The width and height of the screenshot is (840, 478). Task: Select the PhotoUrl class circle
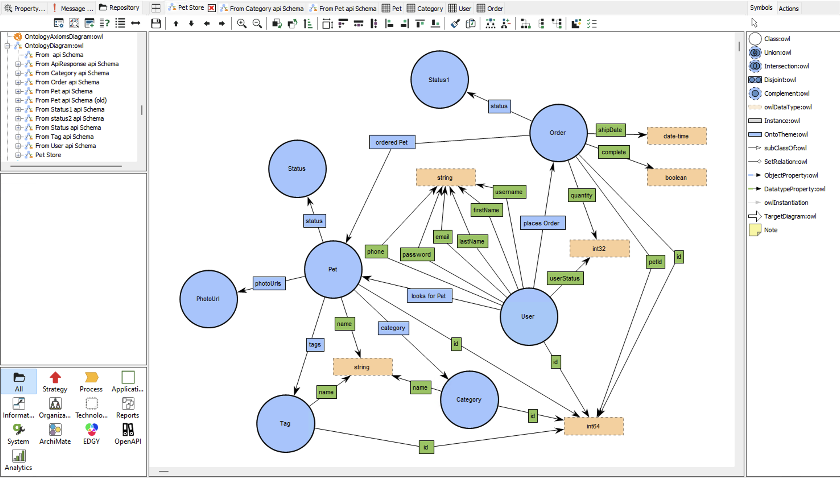(209, 299)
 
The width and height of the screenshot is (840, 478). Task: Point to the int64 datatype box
(594, 426)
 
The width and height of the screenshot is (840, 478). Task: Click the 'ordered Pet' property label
(392, 142)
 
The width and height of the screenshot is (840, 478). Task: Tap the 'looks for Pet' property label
(429, 296)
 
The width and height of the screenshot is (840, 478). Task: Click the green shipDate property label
(610, 130)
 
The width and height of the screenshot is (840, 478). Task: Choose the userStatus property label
(565, 278)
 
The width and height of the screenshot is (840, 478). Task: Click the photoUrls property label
(269, 283)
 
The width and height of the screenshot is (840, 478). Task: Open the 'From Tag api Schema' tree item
(64, 137)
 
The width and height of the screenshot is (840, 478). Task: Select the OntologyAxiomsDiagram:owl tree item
(64, 36)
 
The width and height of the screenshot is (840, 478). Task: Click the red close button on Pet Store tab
(212, 8)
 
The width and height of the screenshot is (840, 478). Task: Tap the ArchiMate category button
(55, 433)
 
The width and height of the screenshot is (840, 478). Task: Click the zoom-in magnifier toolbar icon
(242, 23)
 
